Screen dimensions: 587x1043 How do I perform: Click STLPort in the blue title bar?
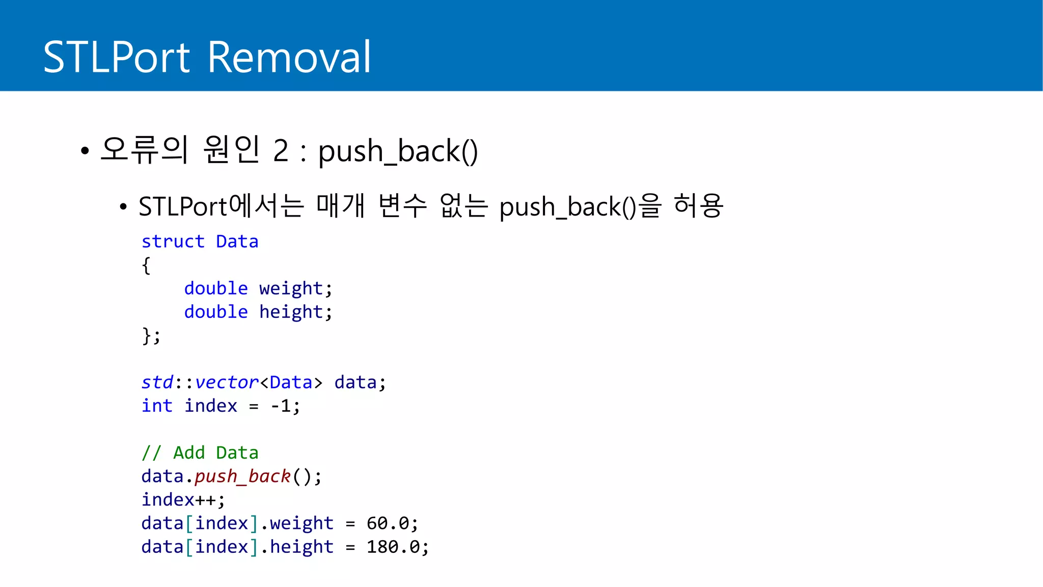[x=117, y=57]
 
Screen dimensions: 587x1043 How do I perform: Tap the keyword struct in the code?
[x=173, y=242]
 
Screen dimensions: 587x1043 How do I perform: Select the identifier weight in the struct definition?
[x=291, y=289]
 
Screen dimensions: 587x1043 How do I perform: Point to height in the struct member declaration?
[x=291, y=312]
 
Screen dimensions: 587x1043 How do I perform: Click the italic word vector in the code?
[x=227, y=383]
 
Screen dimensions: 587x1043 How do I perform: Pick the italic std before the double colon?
[x=157, y=383]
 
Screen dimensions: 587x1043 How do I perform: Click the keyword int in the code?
[x=157, y=406]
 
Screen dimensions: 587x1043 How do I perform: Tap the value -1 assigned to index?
[x=281, y=406]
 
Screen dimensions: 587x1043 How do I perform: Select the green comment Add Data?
[x=215, y=453]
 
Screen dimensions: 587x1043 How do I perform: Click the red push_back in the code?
[x=242, y=476]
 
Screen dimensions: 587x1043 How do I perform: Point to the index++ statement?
[x=183, y=500]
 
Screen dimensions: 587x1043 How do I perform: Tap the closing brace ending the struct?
[x=147, y=336]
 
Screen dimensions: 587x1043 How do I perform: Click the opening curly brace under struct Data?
[x=146, y=265]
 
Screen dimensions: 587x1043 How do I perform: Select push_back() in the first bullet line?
[x=398, y=151]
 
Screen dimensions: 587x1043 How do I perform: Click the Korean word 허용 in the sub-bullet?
[x=698, y=206]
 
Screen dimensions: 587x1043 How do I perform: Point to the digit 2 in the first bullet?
[x=281, y=151]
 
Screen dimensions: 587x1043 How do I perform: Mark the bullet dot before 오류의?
[x=85, y=151]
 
